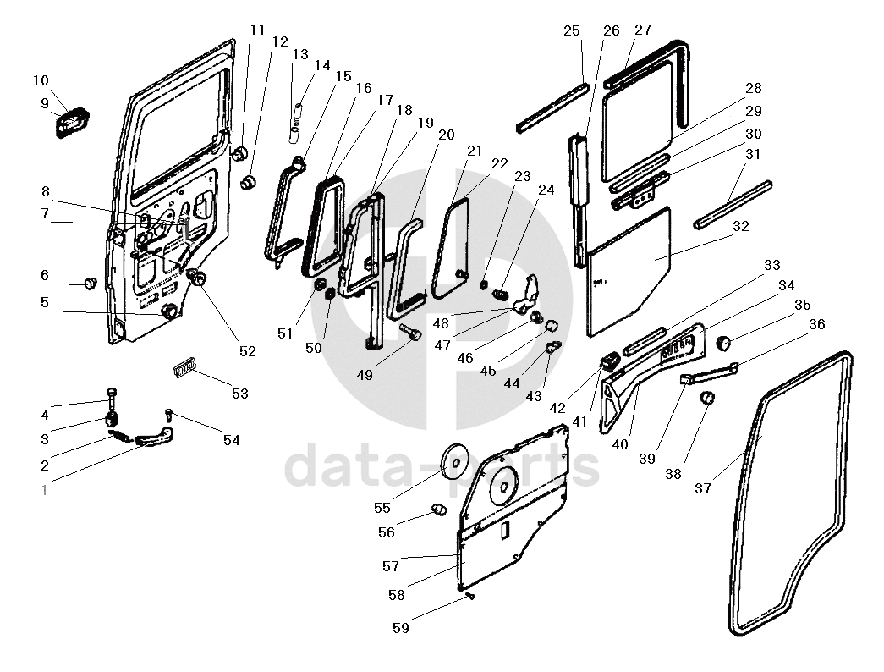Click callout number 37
tap(704, 487)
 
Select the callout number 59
tap(402, 627)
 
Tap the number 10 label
tap(41, 81)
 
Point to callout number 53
tap(240, 394)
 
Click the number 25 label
tap(572, 31)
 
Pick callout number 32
tap(741, 227)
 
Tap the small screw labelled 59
tap(470, 597)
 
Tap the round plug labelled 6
tap(89, 283)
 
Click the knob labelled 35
tap(724, 342)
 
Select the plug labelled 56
tap(438, 509)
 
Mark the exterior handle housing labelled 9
tap(73, 122)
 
